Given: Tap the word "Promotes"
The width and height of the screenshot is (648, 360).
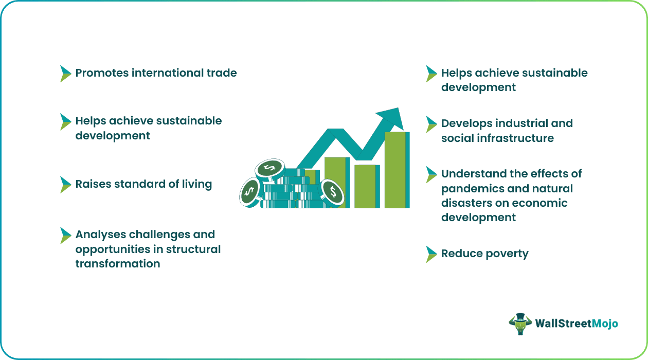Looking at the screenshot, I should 102,73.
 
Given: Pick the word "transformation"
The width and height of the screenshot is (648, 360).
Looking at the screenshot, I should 118,264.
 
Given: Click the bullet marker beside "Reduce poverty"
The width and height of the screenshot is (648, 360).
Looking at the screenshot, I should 431,254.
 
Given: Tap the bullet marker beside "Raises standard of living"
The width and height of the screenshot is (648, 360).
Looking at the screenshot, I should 65,185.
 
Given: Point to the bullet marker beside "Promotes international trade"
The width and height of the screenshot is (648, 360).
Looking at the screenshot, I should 65,74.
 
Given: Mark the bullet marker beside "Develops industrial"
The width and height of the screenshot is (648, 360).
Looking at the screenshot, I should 431,124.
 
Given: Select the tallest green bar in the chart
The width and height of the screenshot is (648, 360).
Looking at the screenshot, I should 395,170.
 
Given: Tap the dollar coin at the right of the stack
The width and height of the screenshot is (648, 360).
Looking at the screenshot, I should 333,193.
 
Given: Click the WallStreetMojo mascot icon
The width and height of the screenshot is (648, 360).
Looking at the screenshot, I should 520,324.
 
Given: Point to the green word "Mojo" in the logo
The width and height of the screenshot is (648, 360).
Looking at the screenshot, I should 605,323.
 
